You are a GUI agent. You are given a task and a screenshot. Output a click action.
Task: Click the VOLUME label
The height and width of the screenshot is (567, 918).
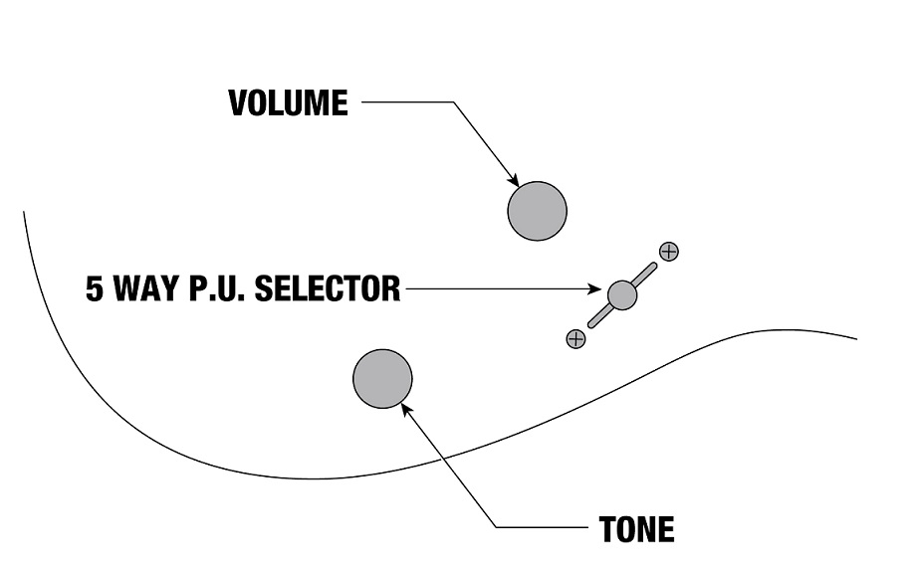point(289,102)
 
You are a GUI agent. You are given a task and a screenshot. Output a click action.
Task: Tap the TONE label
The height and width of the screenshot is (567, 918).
point(636,529)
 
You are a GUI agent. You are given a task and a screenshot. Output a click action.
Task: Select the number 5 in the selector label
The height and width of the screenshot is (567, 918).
point(95,289)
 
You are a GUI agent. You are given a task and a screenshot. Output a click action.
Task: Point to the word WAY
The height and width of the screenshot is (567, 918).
point(146,289)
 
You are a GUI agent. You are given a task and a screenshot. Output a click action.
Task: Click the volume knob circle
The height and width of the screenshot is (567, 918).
point(537,211)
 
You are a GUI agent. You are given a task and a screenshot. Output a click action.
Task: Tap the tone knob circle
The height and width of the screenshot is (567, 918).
point(382,378)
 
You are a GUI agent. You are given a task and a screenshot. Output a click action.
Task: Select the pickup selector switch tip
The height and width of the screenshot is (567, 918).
point(621,293)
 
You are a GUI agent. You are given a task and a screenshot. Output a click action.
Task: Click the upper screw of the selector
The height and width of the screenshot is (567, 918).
point(669,251)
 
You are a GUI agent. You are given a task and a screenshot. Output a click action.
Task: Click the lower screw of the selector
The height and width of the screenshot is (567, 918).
point(575,338)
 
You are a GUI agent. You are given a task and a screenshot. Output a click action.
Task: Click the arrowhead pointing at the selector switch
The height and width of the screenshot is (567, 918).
point(600,289)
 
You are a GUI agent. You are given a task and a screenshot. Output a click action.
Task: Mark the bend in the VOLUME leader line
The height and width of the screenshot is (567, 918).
point(453,102)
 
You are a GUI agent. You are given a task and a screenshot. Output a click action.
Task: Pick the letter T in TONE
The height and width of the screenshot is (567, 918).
point(607,529)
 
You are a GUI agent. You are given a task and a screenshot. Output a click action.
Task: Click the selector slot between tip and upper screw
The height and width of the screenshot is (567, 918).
point(645,272)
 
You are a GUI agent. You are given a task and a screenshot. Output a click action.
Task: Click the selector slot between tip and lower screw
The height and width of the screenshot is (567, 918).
point(598,316)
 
